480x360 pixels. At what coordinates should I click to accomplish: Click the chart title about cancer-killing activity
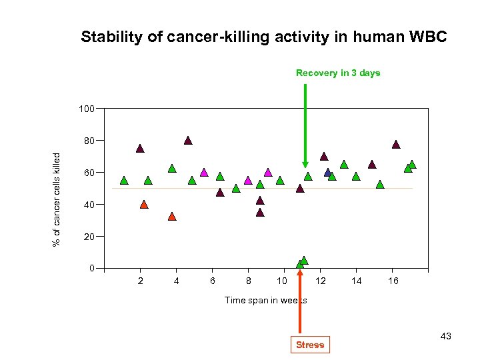[x=263, y=37]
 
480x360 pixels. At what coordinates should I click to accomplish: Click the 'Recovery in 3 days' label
[x=338, y=73]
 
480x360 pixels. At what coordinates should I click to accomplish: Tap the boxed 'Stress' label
[x=310, y=345]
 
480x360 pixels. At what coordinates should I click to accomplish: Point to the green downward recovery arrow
[x=305, y=127]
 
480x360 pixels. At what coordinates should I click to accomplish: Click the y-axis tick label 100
[x=86, y=109]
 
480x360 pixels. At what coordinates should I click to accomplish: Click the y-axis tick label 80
[x=89, y=141]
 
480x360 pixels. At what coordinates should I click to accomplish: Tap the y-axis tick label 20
[x=89, y=237]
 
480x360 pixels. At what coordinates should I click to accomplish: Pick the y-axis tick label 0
[x=91, y=269]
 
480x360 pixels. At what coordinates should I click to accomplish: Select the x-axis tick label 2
[x=140, y=281]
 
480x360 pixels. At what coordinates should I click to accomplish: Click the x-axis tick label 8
[x=248, y=281]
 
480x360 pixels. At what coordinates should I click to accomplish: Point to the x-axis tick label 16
[x=393, y=281]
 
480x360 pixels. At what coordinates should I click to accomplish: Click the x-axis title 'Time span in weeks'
[x=266, y=300]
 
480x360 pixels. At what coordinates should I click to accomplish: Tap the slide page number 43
[x=445, y=336]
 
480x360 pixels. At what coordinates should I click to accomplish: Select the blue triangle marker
[x=328, y=173]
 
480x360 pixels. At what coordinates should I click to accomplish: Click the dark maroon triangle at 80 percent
[x=188, y=141]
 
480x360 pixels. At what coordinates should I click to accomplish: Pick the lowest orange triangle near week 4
[x=172, y=217]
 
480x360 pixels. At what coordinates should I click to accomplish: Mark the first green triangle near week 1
[x=124, y=181]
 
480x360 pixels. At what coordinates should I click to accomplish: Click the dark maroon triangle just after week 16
[x=396, y=145]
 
